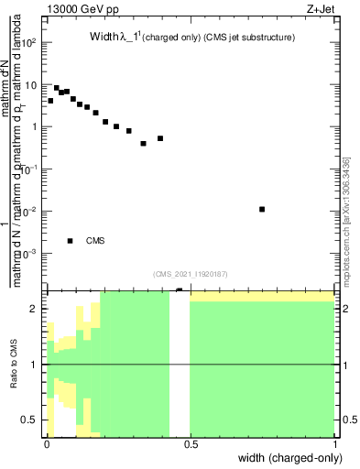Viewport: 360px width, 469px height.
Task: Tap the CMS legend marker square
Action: click(x=70, y=241)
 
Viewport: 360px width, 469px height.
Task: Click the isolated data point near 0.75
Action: click(x=262, y=209)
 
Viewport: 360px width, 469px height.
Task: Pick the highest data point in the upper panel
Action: click(x=57, y=88)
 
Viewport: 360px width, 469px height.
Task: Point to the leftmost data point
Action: click(x=50, y=101)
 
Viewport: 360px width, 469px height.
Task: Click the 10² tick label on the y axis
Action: click(x=27, y=43)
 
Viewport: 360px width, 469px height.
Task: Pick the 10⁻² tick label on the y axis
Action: click(x=27, y=212)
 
